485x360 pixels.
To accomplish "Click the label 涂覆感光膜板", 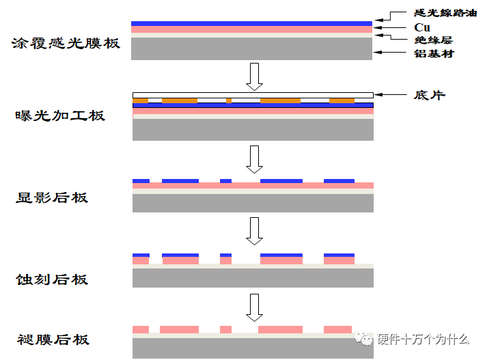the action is [x=66, y=43].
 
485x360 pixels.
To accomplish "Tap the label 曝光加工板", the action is [x=60, y=115].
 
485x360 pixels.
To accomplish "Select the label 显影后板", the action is [x=52, y=197].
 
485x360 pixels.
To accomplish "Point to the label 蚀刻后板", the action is [x=52, y=279].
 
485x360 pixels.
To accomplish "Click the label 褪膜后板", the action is [x=53, y=340].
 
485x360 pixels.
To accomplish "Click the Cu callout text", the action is [x=422, y=27].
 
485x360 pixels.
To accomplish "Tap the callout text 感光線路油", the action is [x=445, y=13].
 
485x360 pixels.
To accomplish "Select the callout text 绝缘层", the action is [x=433, y=40].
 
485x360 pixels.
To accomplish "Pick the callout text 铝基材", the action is [x=434, y=53].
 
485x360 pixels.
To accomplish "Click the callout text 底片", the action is [x=430, y=95].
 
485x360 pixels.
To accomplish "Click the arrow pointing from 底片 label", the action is [x=390, y=94].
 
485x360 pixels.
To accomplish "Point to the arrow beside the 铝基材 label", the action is [x=389, y=53].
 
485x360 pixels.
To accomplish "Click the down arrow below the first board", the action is [x=254, y=77].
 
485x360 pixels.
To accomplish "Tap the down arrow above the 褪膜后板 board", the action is [x=254, y=307].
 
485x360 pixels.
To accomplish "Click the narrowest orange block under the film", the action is [x=229, y=100].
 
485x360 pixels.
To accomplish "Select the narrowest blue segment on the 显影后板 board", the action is [x=226, y=181].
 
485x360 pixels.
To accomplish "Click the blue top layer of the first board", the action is [x=251, y=23].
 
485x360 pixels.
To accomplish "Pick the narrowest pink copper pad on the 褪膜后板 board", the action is [x=226, y=329].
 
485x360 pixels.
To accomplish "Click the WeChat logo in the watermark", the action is [x=363, y=339].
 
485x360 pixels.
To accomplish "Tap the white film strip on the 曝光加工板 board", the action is [x=253, y=95].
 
